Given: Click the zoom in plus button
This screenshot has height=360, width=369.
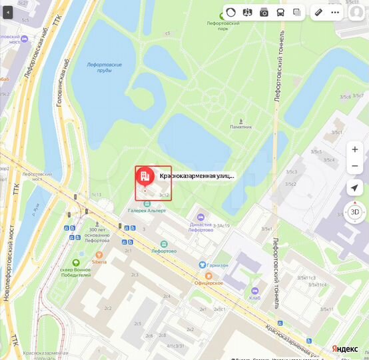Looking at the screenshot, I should click(x=355, y=149).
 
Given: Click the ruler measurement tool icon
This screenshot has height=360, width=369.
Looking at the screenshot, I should click(x=318, y=13).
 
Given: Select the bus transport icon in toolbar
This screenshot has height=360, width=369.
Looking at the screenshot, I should click(x=280, y=13).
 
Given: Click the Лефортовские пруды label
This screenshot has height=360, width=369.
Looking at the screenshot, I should click(x=104, y=67).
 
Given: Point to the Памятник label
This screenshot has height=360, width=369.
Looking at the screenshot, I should click(x=240, y=127).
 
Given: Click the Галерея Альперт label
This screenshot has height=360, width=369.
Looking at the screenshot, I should click(x=147, y=211).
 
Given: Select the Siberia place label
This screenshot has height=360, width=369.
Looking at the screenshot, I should click(x=99, y=262).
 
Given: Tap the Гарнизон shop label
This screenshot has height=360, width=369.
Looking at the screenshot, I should click(x=216, y=265).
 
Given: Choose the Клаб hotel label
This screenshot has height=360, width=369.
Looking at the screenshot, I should click(x=255, y=298).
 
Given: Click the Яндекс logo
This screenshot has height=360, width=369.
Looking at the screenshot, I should click(x=344, y=349).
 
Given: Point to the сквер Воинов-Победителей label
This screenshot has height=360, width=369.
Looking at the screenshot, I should click(x=75, y=271).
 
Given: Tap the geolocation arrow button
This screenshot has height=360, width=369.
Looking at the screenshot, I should click(x=355, y=189).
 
